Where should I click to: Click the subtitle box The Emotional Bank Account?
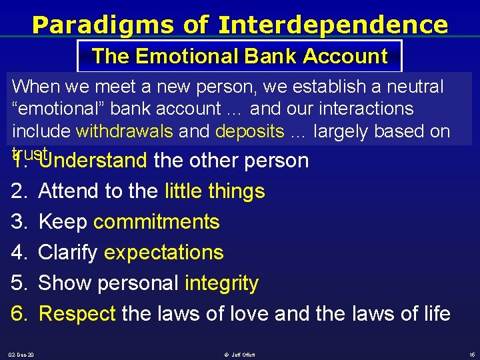240,56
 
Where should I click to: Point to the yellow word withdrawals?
125,131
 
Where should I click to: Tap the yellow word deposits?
249,131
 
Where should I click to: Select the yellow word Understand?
93,161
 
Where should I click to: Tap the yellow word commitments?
156,222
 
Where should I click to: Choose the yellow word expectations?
163,253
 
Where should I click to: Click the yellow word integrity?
221,283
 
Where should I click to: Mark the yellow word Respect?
77,313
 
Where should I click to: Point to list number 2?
18,191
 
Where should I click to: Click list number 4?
18,253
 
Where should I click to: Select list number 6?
18,313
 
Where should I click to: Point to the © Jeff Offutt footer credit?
241,355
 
